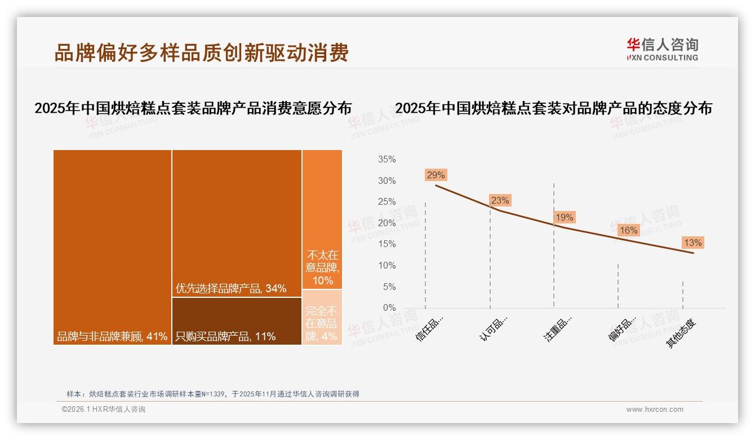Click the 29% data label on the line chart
pyautogui.click(x=436, y=175)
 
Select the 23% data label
pyautogui.click(x=500, y=200)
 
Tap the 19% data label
pyautogui.click(x=564, y=217)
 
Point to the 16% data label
pyautogui.click(x=628, y=230)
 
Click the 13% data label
pyautogui.click(x=692, y=243)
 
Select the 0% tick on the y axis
pyautogui.click(x=389, y=308)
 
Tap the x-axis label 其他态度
pyautogui.click(x=681, y=333)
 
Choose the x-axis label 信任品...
pyautogui.click(x=430, y=328)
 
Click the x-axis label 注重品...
pyautogui.click(x=558, y=328)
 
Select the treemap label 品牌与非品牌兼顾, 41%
pyautogui.click(x=112, y=337)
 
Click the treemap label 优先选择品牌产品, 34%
pyautogui.click(x=231, y=288)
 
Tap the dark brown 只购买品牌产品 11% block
pyautogui.click(x=237, y=321)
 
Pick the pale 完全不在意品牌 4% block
pyautogui.click(x=322, y=318)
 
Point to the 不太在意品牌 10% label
pyautogui.click(x=322, y=267)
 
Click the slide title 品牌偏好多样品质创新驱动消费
pyautogui.click(x=201, y=52)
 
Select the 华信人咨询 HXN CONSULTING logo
pyautogui.click(x=662, y=50)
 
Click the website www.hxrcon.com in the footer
pyautogui.click(x=655, y=410)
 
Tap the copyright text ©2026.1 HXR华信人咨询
pyautogui.click(x=104, y=410)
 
